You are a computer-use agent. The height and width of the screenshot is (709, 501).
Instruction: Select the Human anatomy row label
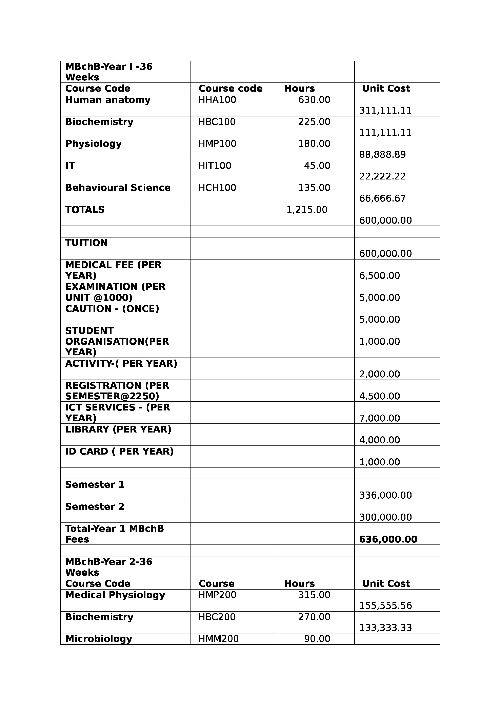(108, 100)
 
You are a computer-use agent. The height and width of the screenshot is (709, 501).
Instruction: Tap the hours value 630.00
(314, 100)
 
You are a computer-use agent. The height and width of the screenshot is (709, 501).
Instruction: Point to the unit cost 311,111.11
(385, 111)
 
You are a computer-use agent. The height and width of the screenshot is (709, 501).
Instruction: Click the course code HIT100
(215, 166)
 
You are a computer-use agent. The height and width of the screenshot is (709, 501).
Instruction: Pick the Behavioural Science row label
(118, 188)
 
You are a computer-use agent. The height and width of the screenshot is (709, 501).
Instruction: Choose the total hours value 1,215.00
(307, 210)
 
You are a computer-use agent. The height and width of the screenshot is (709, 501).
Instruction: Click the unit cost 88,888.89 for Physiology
(382, 154)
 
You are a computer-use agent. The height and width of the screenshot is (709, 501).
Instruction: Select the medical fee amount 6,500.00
(379, 275)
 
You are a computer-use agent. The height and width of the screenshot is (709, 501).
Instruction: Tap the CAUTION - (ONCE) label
(112, 309)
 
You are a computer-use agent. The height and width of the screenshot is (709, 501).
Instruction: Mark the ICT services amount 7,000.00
(379, 418)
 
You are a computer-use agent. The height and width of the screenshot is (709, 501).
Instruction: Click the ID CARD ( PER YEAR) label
(119, 452)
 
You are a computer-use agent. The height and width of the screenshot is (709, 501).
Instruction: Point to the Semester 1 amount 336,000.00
(385, 495)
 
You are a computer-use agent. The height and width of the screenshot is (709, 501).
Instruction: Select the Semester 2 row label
(95, 507)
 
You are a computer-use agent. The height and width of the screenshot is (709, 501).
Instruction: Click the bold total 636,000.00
(388, 539)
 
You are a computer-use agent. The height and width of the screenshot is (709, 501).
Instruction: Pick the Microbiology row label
(98, 639)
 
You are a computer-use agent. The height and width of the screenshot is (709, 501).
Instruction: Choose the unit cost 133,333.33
(385, 628)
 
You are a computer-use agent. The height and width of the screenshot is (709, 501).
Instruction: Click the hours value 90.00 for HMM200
(317, 639)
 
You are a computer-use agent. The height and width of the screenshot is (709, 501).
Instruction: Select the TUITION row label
(86, 243)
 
